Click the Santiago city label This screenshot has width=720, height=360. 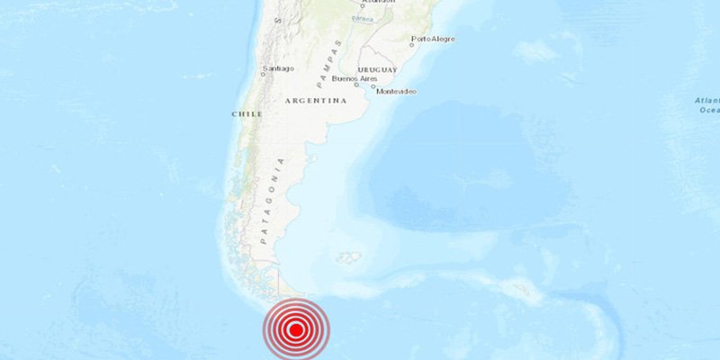point(277,68)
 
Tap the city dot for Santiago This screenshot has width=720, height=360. point(263,74)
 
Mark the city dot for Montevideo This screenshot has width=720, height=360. point(386,87)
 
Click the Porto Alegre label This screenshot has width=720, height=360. point(433,39)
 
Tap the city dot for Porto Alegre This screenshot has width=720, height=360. point(412,44)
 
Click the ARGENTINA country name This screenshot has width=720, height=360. point(316,101)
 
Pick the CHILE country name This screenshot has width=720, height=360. point(247,114)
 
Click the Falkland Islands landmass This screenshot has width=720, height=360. point(348,257)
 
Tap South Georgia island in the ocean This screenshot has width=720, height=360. point(519,290)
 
